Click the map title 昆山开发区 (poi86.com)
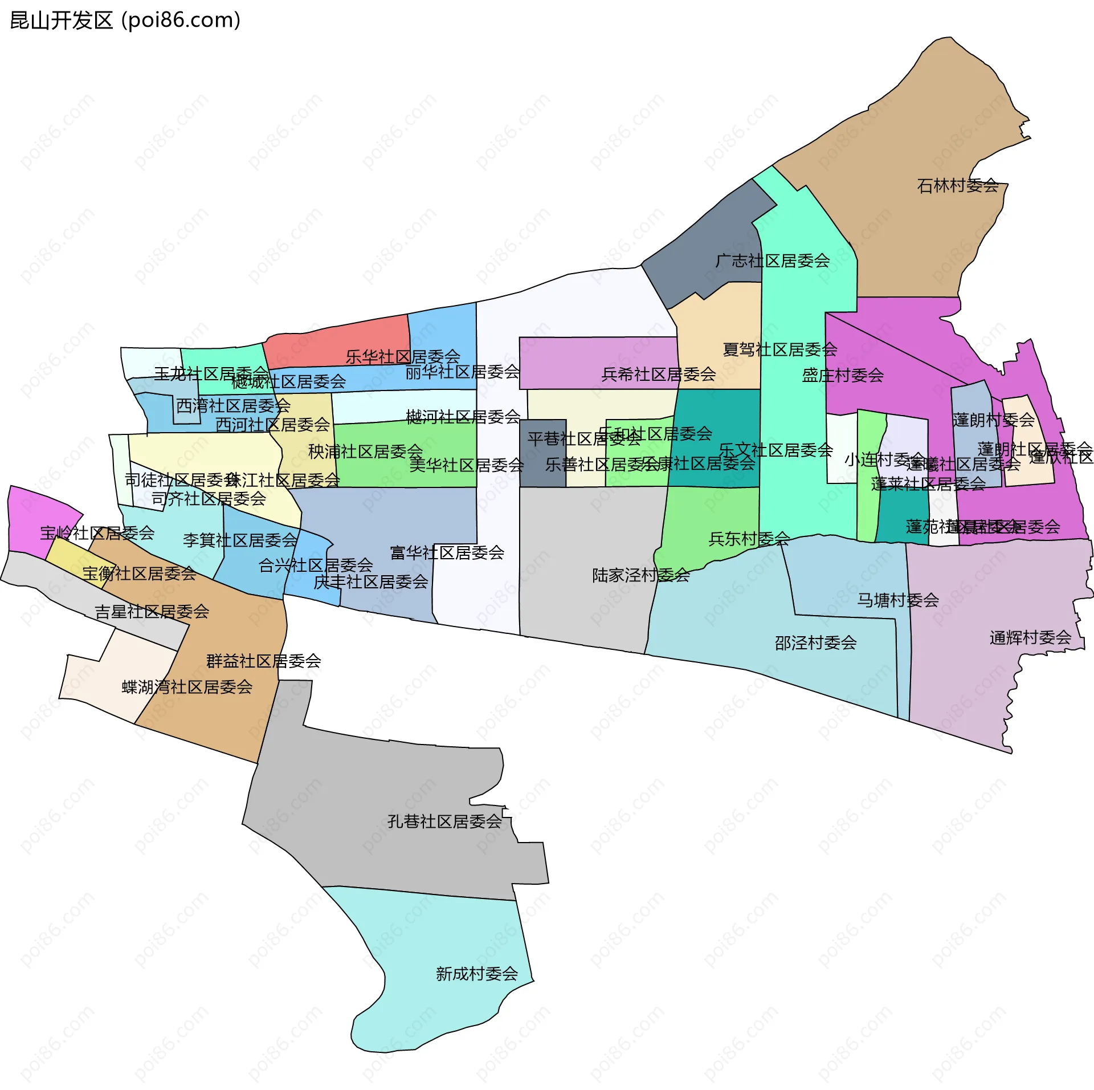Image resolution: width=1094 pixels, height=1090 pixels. (125, 21)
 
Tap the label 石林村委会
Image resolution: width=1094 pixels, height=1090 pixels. (958, 186)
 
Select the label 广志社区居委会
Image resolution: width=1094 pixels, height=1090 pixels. (773, 261)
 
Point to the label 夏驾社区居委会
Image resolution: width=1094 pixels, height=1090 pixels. (780, 349)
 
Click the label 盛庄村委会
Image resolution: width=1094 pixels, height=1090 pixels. (843, 375)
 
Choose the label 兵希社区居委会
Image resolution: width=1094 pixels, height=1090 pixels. (659, 375)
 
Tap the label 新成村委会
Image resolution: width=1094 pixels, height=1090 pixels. (477, 974)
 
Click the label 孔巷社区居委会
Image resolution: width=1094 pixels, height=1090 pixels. (444, 821)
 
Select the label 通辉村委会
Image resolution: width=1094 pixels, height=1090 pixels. (1031, 637)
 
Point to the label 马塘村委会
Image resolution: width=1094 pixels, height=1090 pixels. (898, 600)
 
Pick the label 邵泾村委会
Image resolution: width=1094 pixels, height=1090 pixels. (815, 643)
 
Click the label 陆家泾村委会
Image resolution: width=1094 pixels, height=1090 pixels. (641, 575)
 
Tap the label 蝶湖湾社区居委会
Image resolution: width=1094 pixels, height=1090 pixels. (187, 687)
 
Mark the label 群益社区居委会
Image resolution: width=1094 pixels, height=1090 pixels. (264, 661)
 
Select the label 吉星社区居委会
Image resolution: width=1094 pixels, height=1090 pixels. (152, 612)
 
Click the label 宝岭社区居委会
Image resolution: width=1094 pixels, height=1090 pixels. (97, 533)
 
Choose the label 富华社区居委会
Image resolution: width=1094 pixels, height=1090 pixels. (447, 552)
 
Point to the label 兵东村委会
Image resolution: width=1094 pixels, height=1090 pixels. (749, 539)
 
